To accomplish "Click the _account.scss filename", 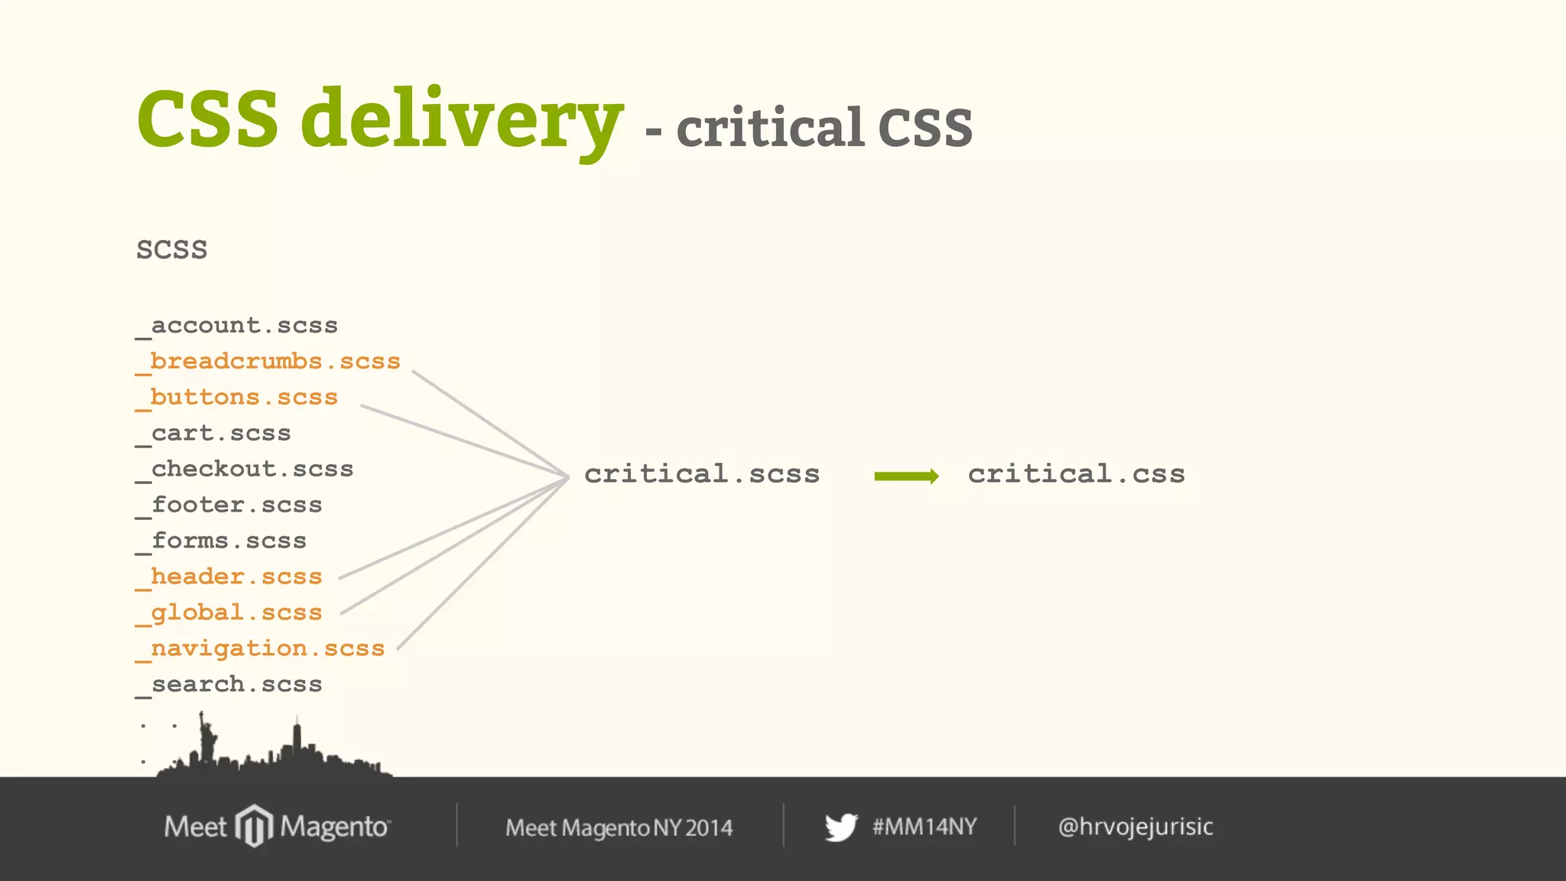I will pyautogui.click(x=237, y=326).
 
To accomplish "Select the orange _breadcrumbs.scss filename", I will pyautogui.click(x=268, y=362).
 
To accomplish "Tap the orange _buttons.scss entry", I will pyautogui.click(x=237, y=398).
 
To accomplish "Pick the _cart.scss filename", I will pyautogui.click(x=214, y=434).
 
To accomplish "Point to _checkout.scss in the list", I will pyautogui.click(x=245, y=470).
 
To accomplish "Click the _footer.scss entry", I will pyautogui.click(x=229, y=506).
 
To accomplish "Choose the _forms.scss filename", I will pyautogui.click(x=222, y=541).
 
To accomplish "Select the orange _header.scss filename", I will pyautogui.click(x=229, y=577).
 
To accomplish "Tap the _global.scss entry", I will pyautogui.click(x=229, y=613).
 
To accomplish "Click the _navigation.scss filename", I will pyautogui.click(x=261, y=649).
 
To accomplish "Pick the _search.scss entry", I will pyautogui.click(x=229, y=685).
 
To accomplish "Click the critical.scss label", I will pyautogui.click(x=702, y=474).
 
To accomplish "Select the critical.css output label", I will pyautogui.click(x=1077, y=474).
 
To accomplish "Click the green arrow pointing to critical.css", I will pyautogui.click(x=906, y=476).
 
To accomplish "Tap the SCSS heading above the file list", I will pyautogui.click(x=172, y=250).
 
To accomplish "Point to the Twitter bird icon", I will pyautogui.click(x=841, y=827).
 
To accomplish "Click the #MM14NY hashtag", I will pyautogui.click(x=924, y=827).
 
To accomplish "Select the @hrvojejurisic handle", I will pyautogui.click(x=1136, y=827).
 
